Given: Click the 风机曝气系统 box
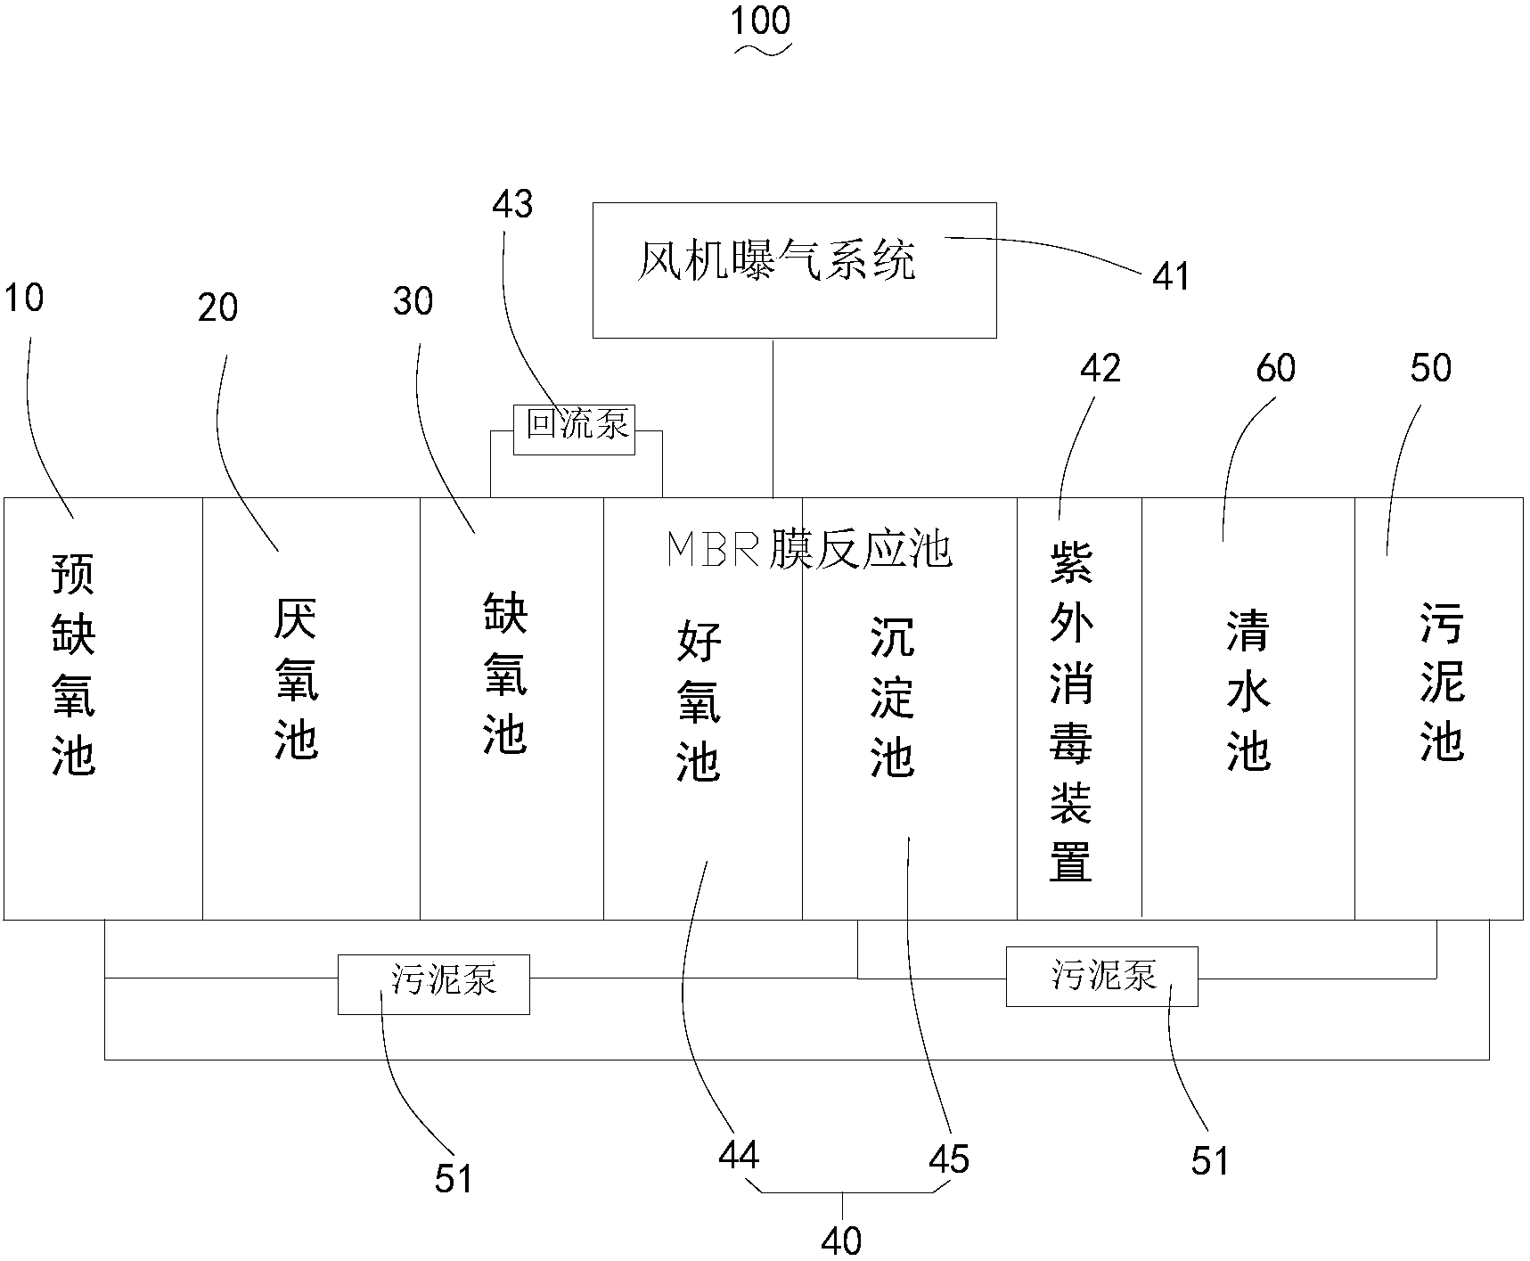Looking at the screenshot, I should (x=794, y=269).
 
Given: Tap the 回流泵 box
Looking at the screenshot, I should (x=575, y=429).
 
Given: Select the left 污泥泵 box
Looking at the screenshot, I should (x=433, y=984).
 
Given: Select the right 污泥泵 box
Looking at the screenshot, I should (x=1101, y=977).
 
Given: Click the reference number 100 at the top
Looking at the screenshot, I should (x=760, y=21).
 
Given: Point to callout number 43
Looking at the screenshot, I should (x=512, y=204).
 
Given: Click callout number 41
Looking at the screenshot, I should (x=1171, y=276).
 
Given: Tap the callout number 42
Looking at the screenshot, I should (x=1100, y=368).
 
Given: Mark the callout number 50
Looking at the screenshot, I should (x=1431, y=368).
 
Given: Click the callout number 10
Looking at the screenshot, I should (x=24, y=299).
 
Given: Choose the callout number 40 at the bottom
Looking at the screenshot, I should (x=842, y=1241).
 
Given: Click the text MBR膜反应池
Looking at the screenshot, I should (x=809, y=551).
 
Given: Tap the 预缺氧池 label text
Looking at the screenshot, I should (x=74, y=664).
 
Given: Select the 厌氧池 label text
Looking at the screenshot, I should (x=295, y=679).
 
